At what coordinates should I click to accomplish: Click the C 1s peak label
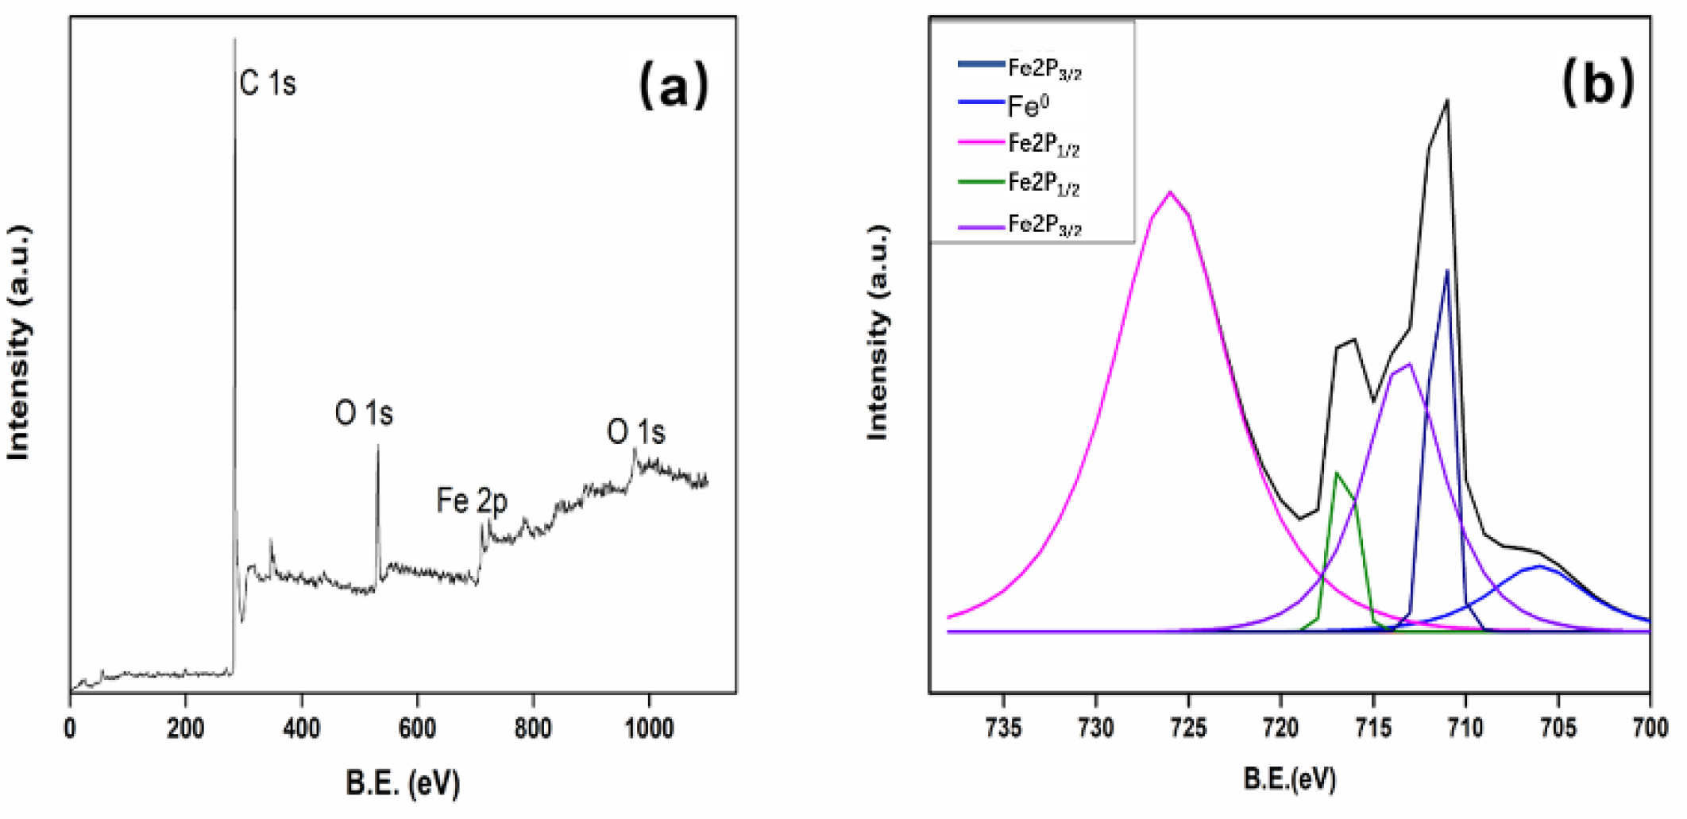tap(268, 83)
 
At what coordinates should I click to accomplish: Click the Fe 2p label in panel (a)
tap(471, 501)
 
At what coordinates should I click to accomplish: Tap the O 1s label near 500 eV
tap(364, 414)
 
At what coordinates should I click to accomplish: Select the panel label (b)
tap(1597, 83)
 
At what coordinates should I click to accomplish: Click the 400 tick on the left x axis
tap(301, 728)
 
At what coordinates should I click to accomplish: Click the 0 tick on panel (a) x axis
tap(71, 728)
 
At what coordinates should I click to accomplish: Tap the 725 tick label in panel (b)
tap(1188, 728)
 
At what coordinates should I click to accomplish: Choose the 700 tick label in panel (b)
tap(1649, 728)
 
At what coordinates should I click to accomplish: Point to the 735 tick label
tap(1004, 728)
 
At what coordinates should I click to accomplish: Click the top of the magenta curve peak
tap(1170, 192)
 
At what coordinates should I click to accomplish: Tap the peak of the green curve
tap(1337, 473)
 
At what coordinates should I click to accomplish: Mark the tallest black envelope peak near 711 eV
tap(1447, 100)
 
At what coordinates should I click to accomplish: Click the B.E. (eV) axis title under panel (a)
tap(403, 783)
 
